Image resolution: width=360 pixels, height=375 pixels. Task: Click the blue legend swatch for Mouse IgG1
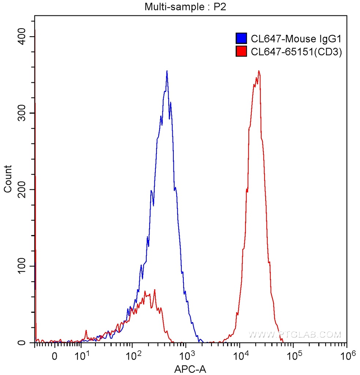[x=241, y=38]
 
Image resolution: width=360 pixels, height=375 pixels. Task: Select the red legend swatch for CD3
[x=241, y=52]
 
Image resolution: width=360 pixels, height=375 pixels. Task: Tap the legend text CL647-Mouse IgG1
[x=296, y=38]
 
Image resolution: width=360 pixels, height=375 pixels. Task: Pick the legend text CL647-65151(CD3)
[x=296, y=52]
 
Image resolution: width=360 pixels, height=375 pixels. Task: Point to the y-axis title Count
[x=8, y=179]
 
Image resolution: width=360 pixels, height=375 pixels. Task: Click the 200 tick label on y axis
[x=24, y=190]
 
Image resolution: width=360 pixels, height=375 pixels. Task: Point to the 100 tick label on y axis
[x=24, y=266]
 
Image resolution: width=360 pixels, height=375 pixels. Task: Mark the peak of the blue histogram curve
[x=167, y=71]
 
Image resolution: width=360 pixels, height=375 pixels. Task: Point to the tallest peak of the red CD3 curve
[x=259, y=71]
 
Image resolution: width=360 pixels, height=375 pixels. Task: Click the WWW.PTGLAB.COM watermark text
[x=295, y=334]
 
